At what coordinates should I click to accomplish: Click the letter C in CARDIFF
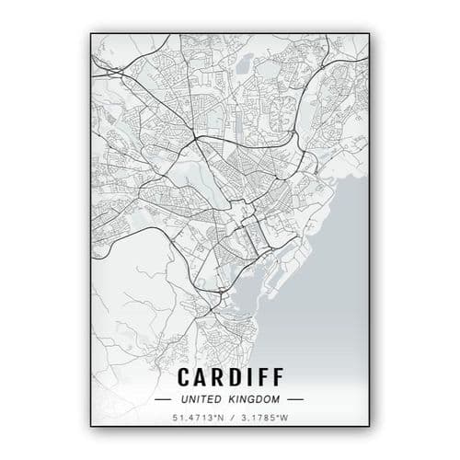tap(182, 377)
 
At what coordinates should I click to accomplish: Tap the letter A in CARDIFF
tap(200, 377)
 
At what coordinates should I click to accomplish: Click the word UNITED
tap(201, 399)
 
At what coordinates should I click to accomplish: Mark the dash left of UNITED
tap(164, 399)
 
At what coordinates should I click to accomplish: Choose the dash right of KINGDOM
tap(294, 399)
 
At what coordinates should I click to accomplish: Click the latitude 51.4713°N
tap(197, 419)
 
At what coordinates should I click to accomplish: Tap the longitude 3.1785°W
tap(263, 419)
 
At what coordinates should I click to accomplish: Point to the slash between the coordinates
tap(230, 419)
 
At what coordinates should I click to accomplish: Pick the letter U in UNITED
tap(185, 399)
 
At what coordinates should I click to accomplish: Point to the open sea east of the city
tap(331, 276)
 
